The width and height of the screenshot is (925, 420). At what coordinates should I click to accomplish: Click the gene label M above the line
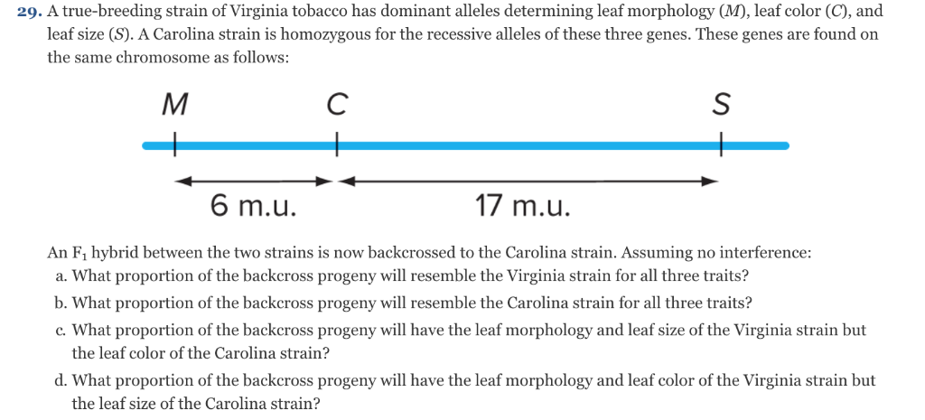point(174,106)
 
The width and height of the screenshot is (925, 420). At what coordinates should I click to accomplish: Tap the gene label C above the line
point(336,106)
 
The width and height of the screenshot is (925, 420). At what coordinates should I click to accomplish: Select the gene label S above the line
point(721,106)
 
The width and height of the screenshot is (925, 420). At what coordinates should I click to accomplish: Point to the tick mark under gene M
point(174,145)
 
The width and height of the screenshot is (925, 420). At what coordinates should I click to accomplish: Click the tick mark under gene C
point(337,145)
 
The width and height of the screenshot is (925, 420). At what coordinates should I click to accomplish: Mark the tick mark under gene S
point(720,145)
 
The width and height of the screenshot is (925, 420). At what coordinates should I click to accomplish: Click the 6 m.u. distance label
point(253,207)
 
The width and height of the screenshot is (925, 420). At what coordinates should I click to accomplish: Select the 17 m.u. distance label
point(523,207)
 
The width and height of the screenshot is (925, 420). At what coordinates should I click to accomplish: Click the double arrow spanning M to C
point(254,181)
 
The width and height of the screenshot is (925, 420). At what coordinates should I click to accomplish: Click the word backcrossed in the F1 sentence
point(375,253)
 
